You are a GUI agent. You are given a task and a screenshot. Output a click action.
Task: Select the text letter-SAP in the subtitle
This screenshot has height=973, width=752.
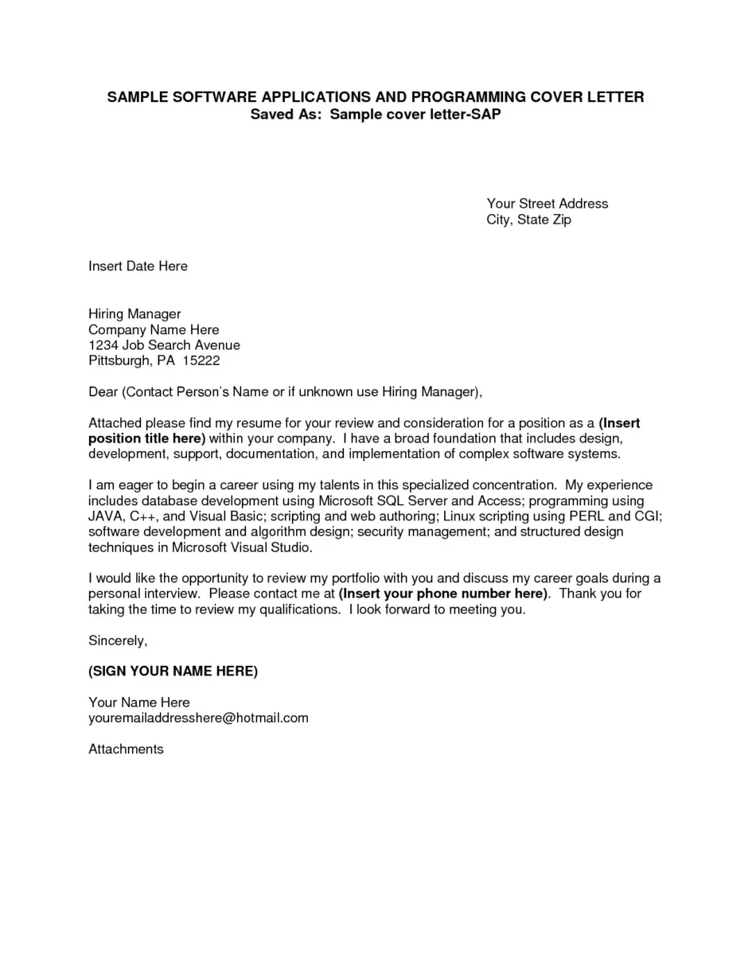tap(468, 115)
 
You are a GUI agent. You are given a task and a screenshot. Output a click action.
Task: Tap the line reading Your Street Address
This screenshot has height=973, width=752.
tap(547, 204)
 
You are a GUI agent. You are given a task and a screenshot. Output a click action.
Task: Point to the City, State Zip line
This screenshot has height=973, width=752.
tap(528, 220)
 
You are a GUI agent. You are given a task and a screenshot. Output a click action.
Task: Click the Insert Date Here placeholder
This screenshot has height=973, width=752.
tap(138, 267)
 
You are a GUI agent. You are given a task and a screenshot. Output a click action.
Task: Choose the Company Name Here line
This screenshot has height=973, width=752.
tap(154, 330)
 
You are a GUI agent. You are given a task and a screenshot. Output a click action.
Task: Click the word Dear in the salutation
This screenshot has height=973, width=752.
tap(103, 392)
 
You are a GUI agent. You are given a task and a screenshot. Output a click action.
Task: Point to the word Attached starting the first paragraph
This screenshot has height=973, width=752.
tap(115, 423)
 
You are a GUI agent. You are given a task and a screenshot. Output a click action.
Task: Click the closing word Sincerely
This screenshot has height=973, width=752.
tap(118, 640)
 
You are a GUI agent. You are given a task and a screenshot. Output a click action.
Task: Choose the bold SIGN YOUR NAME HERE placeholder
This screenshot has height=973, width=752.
tap(173, 671)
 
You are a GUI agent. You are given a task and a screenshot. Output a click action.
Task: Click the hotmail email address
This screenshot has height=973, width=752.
tap(198, 718)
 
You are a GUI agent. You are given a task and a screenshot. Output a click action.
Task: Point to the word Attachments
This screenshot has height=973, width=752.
tap(126, 749)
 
